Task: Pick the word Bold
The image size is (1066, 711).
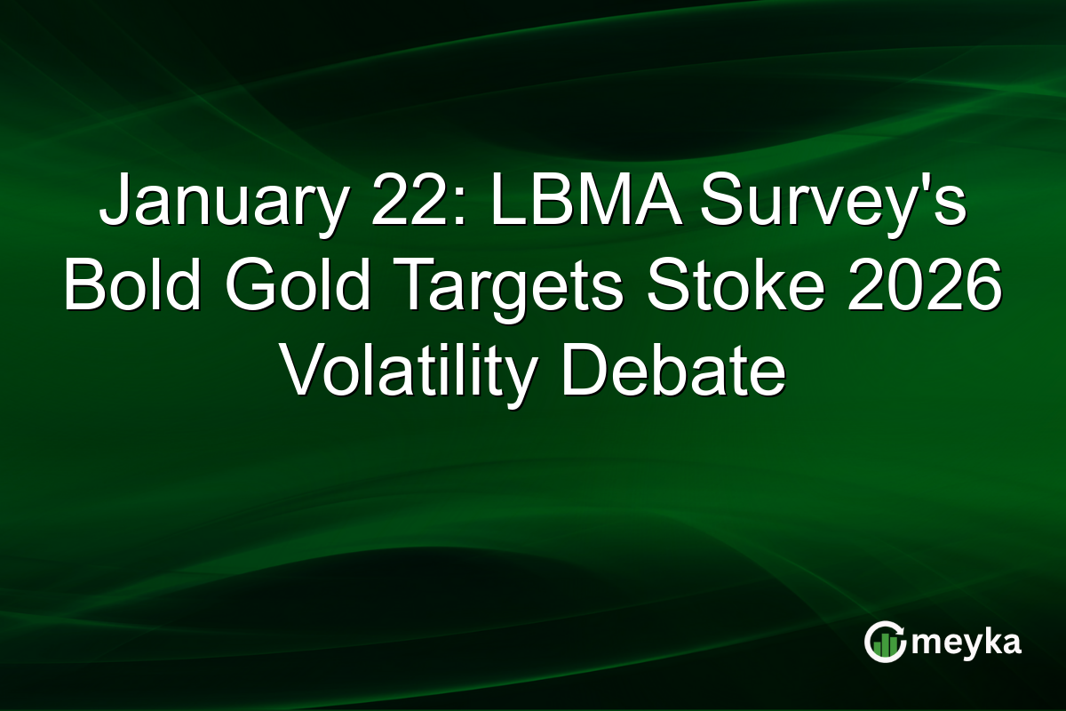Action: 133,289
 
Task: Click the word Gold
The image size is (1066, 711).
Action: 303,289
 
